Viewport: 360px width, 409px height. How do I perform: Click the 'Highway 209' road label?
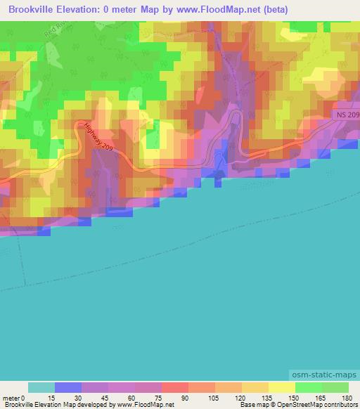click(x=96, y=137)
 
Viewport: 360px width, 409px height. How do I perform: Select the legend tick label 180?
click(x=348, y=397)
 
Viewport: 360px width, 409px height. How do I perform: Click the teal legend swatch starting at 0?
click(x=41, y=387)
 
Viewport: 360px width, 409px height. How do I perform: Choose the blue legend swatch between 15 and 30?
click(x=68, y=387)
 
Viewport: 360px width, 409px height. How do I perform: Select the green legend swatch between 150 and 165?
click(x=308, y=387)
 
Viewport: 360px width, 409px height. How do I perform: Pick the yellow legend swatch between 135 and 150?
click(x=281, y=387)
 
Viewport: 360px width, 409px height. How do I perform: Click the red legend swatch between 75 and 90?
click(x=174, y=387)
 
